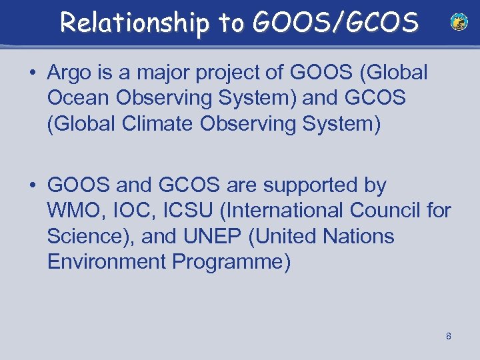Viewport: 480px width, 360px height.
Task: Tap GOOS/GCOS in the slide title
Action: (x=335, y=23)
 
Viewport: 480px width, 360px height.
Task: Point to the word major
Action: (x=163, y=73)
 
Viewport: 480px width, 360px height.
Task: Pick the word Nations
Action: (x=359, y=237)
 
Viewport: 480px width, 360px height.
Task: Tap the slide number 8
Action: (x=449, y=336)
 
